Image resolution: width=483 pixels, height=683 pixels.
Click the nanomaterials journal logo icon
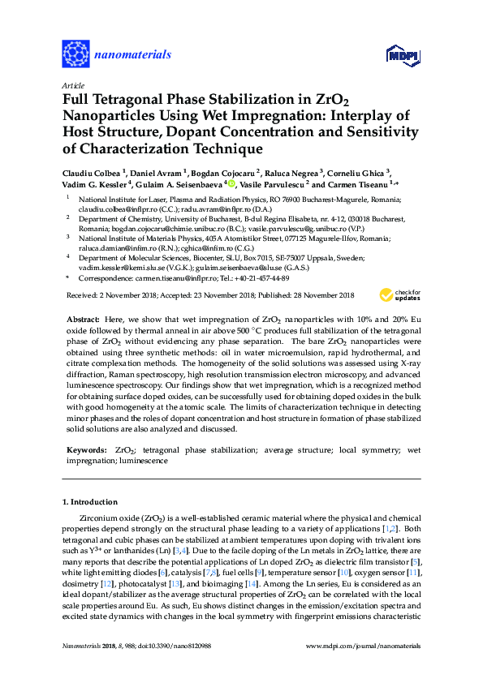75,54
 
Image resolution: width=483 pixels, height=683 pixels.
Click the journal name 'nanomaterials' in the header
134,55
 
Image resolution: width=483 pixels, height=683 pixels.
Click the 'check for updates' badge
395,295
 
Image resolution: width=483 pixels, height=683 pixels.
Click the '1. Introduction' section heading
90,501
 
